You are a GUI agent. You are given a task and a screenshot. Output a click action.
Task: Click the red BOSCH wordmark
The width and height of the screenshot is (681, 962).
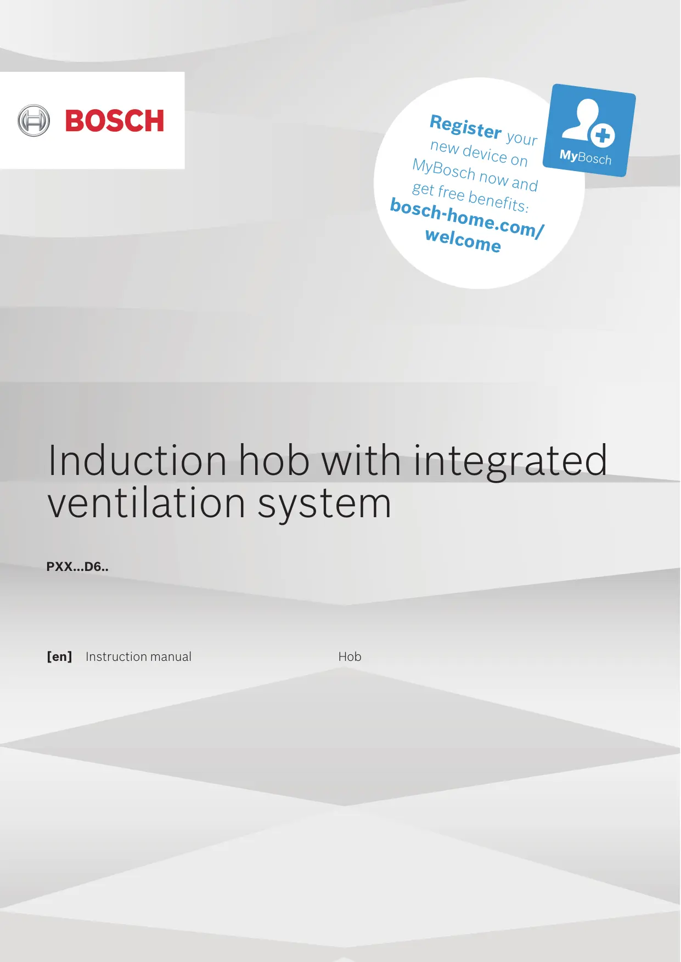(x=115, y=121)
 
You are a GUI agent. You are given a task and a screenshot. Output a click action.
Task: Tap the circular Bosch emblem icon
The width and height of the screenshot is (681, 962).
(x=33, y=121)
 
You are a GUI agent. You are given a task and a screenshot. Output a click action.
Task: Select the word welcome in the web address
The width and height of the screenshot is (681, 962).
(x=463, y=240)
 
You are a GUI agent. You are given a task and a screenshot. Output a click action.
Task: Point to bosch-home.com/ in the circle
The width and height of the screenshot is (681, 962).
(x=467, y=218)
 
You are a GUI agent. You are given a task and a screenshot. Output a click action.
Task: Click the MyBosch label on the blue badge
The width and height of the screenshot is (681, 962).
(x=586, y=157)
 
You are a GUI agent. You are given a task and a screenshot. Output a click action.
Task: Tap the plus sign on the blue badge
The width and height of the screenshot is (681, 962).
(x=603, y=135)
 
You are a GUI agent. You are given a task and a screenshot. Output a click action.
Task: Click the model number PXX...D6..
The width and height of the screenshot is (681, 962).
(x=77, y=567)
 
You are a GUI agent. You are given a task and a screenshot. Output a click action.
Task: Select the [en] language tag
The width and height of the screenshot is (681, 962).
(x=59, y=657)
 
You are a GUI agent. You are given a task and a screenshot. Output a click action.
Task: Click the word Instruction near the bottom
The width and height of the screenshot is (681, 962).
(x=116, y=657)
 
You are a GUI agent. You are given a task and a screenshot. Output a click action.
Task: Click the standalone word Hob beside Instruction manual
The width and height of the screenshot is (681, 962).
(x=350, y=657)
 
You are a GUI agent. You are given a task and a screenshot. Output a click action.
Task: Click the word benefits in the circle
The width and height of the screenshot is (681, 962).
(x=498, y=201)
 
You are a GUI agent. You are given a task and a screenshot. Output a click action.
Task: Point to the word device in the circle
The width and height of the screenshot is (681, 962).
(x=485, y=152)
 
